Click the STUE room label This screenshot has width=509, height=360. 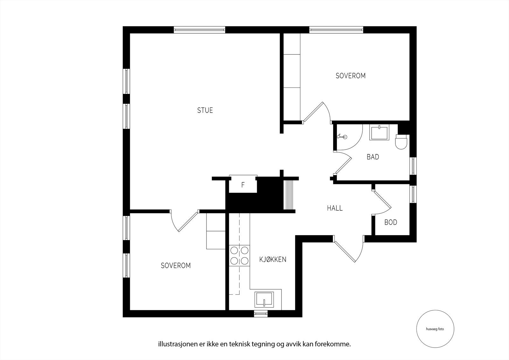205,110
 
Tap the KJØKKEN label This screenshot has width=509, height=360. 273,259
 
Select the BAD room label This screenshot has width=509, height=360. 373,157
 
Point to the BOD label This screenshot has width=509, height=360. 391,222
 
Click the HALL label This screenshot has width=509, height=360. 335,208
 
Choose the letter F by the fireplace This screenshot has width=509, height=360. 243,185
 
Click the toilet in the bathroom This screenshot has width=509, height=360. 401,142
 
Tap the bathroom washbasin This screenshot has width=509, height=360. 379,132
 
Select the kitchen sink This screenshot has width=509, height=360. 264,300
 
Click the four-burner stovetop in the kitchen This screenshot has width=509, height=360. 239,256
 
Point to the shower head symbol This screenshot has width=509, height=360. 342,137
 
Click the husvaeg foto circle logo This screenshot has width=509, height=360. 435,329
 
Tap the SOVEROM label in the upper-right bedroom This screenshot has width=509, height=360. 351,76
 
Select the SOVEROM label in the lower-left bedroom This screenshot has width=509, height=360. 176,265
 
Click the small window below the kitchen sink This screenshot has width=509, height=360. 261,314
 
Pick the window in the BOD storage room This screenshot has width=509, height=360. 413,194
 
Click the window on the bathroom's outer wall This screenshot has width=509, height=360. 413,166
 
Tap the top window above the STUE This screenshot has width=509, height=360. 199,30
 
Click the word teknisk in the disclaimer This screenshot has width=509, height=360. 240,350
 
